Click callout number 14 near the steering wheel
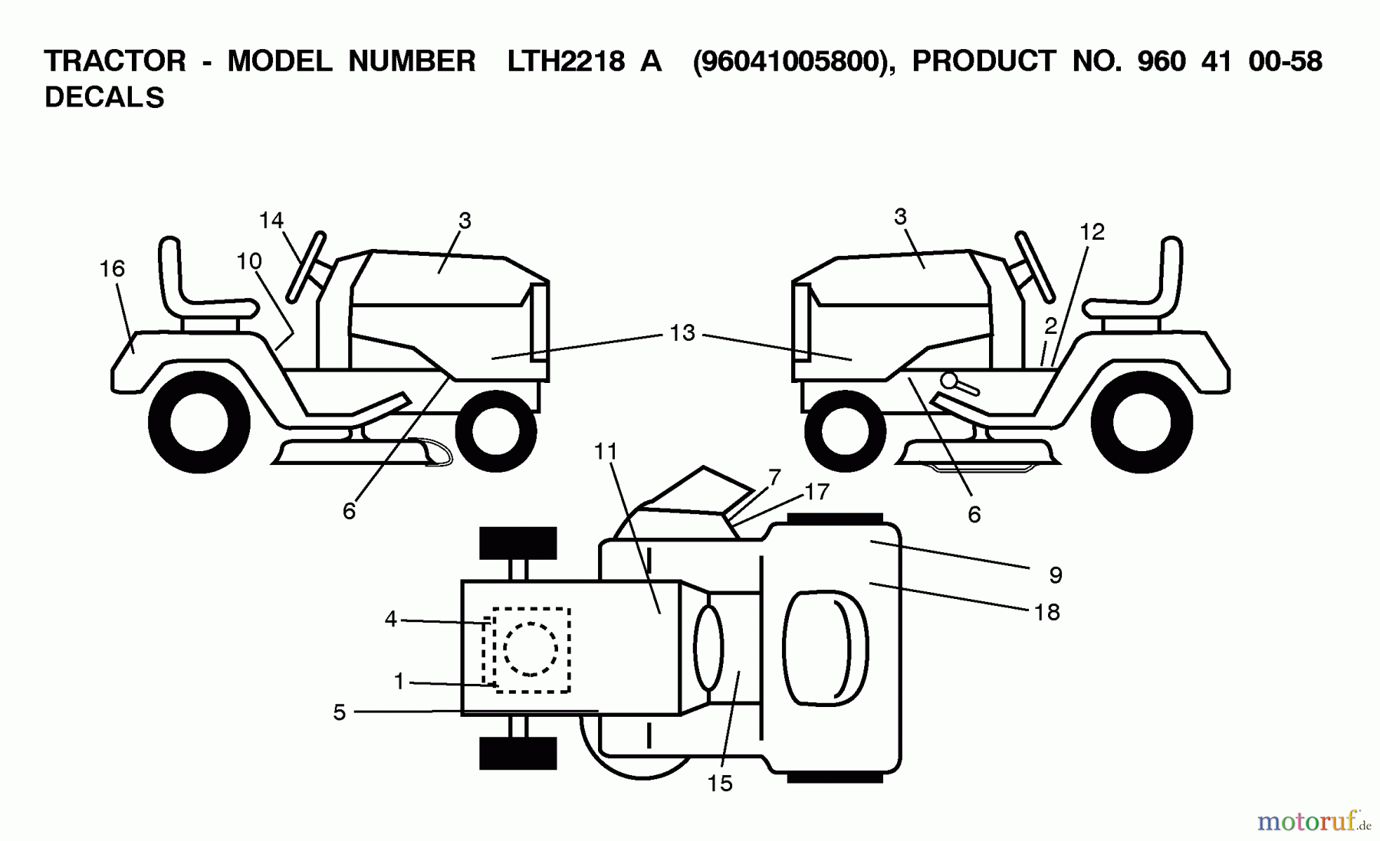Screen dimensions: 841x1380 coord(271,221)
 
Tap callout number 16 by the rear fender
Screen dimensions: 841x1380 coord(112,269)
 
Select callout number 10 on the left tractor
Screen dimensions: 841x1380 coord(249,262)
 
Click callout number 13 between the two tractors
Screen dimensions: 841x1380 coord(682,333)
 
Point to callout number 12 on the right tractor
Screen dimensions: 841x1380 coord(1092,231)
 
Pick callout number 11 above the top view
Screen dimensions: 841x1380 coord(606,452)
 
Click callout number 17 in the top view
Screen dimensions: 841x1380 coord(817,492)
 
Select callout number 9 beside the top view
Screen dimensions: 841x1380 coord(1055,574)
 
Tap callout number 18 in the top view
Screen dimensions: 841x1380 coord(1046,612)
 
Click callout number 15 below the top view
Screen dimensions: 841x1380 coord(720,783)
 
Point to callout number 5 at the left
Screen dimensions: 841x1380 coord(340,712)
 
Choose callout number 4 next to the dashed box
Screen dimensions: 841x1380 coord(391,619)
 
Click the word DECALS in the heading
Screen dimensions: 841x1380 coord(104,98)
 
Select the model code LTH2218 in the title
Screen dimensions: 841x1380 coord(566,61)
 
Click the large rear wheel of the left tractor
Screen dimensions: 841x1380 coord(199,422)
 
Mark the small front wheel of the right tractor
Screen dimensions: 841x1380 coord(845,430)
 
